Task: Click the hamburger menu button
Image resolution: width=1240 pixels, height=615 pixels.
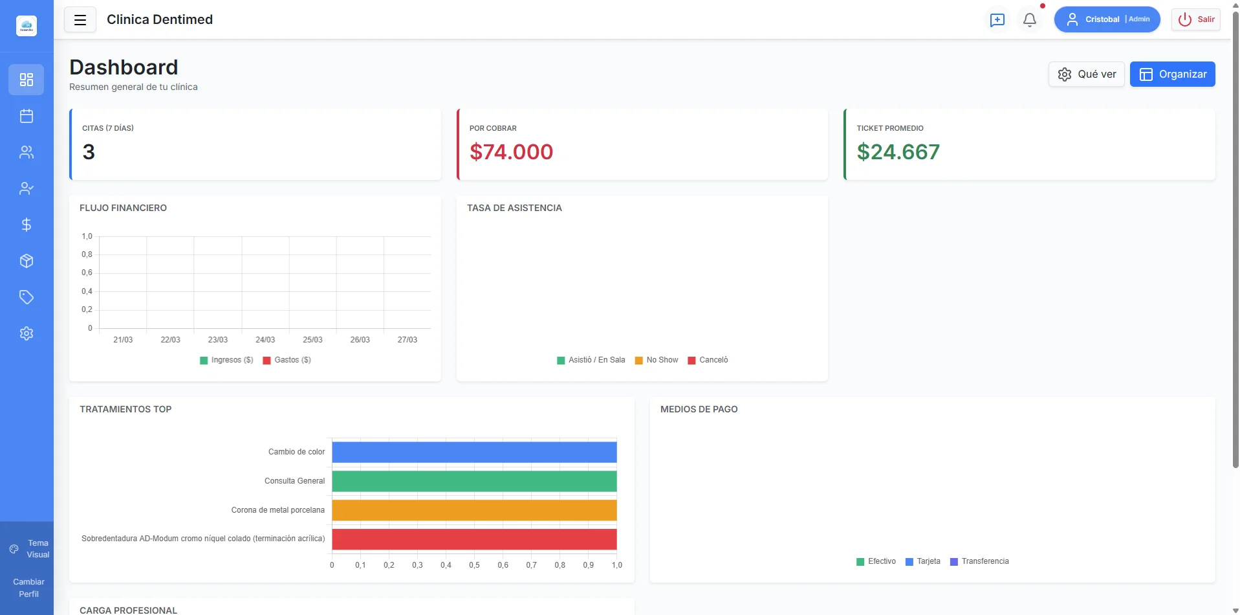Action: tap(80, 20)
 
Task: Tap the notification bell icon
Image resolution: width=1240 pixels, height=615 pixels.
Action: tap(1029, 20)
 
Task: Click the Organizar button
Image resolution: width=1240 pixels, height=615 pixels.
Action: tap(1172, 74)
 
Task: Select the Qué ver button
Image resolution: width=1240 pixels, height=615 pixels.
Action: tap(1087, 74)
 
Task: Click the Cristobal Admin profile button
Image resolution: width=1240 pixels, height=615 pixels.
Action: tap(1107, 19)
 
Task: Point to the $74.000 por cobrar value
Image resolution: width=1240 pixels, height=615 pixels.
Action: tap(511, 152)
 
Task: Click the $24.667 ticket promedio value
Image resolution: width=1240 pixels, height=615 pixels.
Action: tap(898, 152)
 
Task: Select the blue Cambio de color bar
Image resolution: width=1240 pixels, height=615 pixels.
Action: tap(474, 452)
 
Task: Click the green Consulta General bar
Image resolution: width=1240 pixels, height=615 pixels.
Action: tap(474, 481)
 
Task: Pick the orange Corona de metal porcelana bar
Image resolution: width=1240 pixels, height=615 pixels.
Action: tap(474, 510)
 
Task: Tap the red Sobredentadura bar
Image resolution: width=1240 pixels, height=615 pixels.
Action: tap(474, 539)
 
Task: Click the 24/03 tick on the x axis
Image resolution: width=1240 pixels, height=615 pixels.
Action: tap(265, 340)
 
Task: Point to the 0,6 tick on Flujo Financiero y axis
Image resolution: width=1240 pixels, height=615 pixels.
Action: tap(87, 273)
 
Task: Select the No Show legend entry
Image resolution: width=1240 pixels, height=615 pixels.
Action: tap(657, 360)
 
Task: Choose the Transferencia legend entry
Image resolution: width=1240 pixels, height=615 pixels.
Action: tap(979, 561)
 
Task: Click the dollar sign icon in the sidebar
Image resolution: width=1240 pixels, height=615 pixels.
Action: tap(27, 225)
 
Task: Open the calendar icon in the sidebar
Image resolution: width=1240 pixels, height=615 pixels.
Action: tap(27, 116)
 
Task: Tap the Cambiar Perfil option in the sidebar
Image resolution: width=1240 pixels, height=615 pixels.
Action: tap(28, 588)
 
